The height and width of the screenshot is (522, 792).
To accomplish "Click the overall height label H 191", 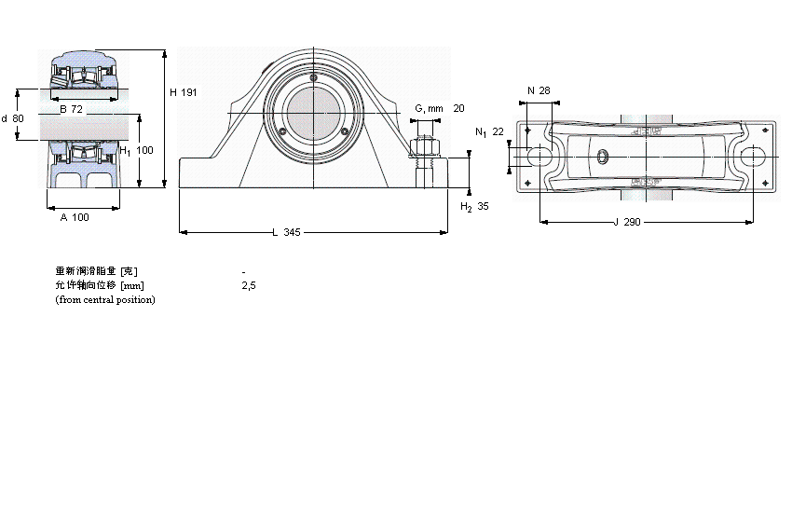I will (x=184, y=92).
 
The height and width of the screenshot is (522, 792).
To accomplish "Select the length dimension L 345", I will (x=286, y=232).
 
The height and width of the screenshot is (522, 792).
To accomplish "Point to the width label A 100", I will (x=75, y=217).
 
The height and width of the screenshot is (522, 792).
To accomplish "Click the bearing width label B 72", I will (x=71, y=110).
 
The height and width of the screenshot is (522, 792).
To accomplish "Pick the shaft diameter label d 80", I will (x=13, y=118).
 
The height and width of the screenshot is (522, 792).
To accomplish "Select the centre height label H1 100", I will (x=136, y=150).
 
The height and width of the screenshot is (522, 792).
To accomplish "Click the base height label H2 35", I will (x=474, y=206).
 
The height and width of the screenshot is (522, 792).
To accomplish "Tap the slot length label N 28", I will (x=539, y=90).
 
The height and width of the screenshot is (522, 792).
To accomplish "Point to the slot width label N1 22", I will (x=489, y=132).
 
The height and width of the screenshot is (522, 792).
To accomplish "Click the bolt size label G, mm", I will (x=429, y=109).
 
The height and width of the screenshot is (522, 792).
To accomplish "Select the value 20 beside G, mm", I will (x=458, y=109).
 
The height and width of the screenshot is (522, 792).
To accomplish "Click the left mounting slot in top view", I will (x=538, y=158).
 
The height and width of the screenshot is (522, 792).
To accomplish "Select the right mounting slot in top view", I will (x=754, y=158).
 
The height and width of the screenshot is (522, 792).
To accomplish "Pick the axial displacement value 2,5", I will (x=248, y=285).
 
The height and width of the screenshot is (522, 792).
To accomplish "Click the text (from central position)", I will (x=105, y=299).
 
